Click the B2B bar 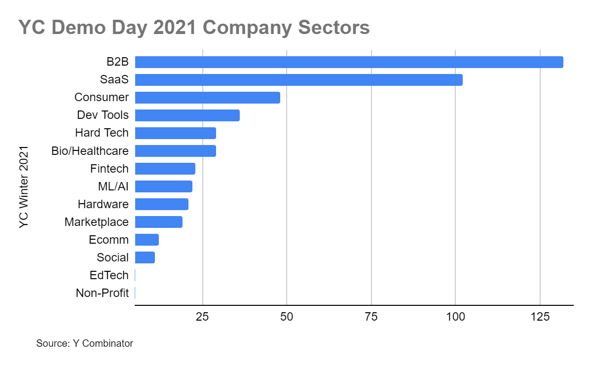coord(349,62)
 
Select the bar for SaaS coord(299,80)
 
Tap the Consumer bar coord(208,98)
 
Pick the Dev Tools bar coord(187,115)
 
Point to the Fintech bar coord(165,169)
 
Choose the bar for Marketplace coord(158,222)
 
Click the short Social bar coord(145,257)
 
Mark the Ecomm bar coord(147,240)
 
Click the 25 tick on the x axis coord(202,317)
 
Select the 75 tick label coord(371,317)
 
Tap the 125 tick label coord(540,317)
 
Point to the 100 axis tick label coord(455,317)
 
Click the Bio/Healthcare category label coord(90,151)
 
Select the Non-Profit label coord(102,293)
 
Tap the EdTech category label coord(109,275)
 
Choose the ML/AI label coord(113,186)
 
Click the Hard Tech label coord(102,133)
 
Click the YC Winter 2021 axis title coord(24,187)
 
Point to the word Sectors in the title coord(334,27)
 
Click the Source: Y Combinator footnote coord(84,343)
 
